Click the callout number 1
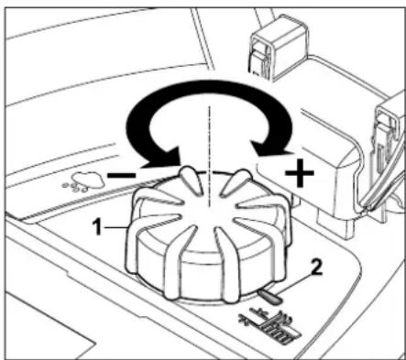tap(97, 227)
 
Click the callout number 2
tap(316, 267)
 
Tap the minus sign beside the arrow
tap(121, 175)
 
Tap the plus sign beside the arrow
tap(300, 173)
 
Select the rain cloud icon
tap(87, 180)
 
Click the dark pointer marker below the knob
tap(269, 297)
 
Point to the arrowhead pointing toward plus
tap(272, 149)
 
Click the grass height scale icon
tap(269, 325)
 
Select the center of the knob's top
tap(208, 211)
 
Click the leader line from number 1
tap(116, 227)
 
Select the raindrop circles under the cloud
tap(75, 188)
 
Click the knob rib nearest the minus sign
tap(191, 180)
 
